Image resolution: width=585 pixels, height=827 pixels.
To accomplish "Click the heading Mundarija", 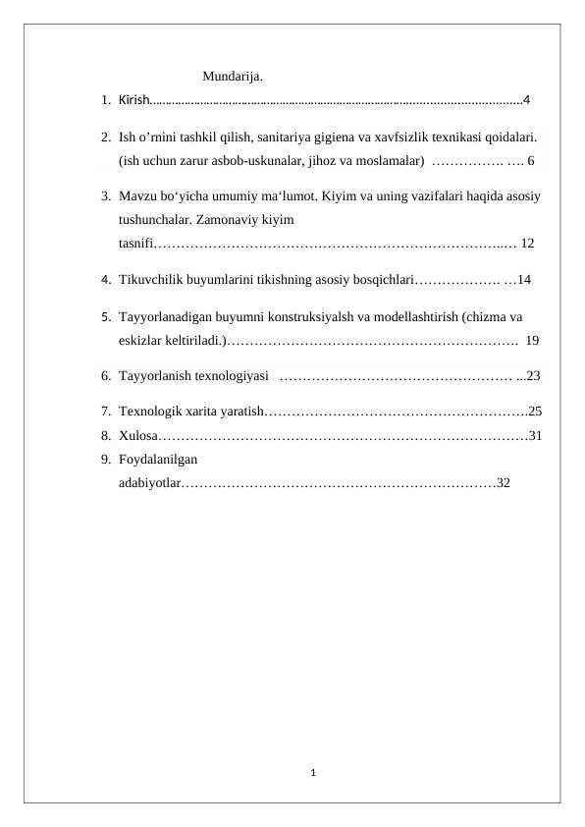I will [232, 76].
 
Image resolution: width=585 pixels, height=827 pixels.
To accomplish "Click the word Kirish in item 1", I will [133, 99].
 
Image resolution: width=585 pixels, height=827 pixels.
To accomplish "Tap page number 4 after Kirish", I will [527, 99].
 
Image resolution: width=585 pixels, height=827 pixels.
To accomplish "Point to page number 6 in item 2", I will [531, 159].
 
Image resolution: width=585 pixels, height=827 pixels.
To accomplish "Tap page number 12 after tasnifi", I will [527, 242].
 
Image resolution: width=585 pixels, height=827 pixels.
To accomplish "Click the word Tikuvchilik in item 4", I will [150, 280].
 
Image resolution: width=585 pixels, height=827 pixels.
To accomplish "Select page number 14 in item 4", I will [524, 280].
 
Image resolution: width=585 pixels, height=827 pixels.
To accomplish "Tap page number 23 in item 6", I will [534, 374].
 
